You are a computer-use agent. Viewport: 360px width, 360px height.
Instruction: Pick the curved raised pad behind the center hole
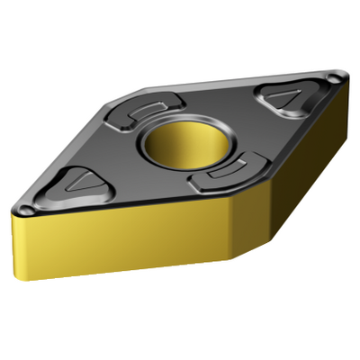149,112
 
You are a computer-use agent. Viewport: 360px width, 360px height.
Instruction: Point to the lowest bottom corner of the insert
232,261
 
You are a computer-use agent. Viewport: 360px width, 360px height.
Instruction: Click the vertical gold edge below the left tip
16,243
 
